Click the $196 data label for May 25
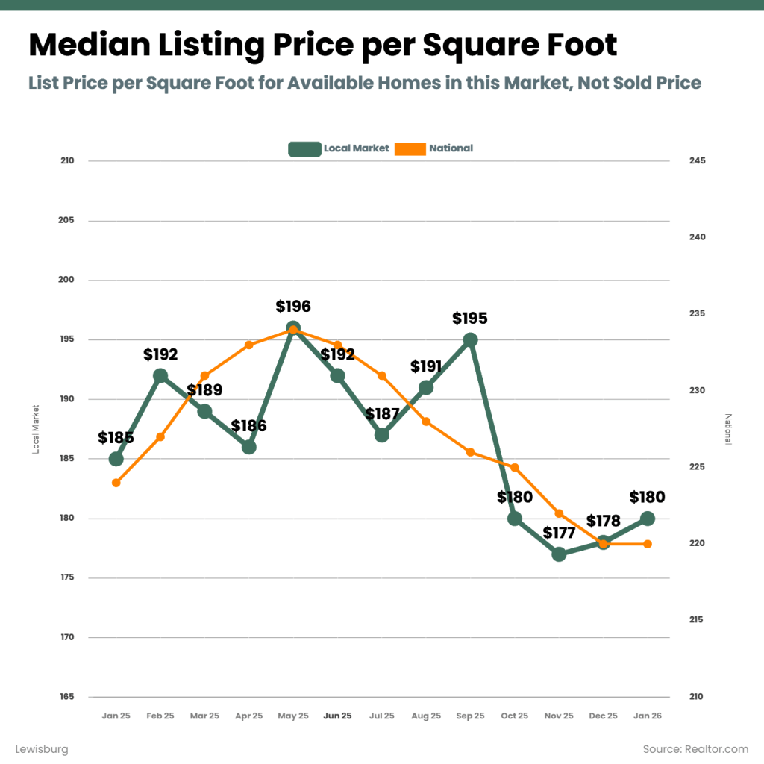pyautogui.click(x=293, y=307)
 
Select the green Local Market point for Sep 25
pyautogui.click(x=470, y=339)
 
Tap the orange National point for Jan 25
pyautogui.click(x=116, y=483)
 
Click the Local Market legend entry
pyautogui.click(x=339, y=148)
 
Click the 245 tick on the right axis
pyautogui.click(x=697, y=161)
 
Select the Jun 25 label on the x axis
pyautogui.click(x=337, y=716)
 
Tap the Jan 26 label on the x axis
pyautogui.click(x=648, y=716)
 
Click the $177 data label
pyautogui.click(x=559, y=533)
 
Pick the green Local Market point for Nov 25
pyautogui.click(x=559, y=554)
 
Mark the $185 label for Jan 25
pyautogui.click(x=116, y=438)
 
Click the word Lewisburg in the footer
pyautogui.click(x=42, y=748)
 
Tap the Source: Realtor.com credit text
pyautogui.click(x=695, y=748)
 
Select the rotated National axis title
pyautogui.click(x=729, y=429)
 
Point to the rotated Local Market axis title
pyautogui.click(x=36, y=429)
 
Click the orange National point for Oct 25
pyautogui.click(x=515, y=467)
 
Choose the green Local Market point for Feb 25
pyautogui.click(x=160, y=375)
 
